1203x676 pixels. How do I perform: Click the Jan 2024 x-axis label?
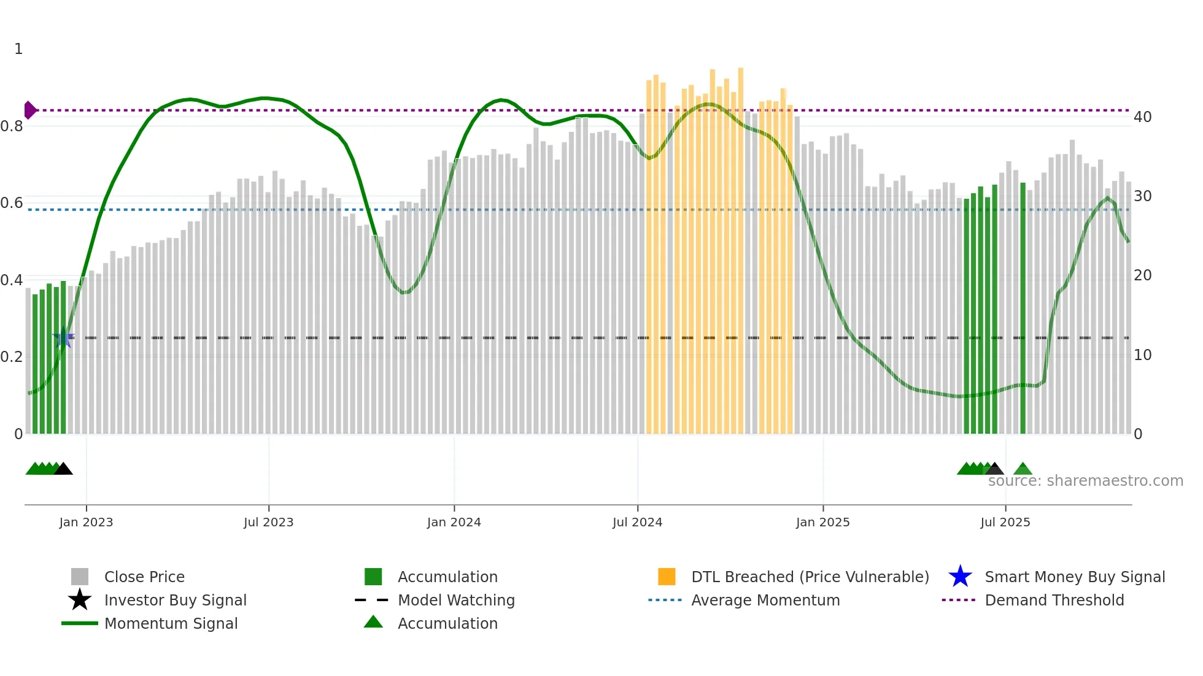[454, 522]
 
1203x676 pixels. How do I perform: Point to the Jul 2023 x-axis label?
[268, 522]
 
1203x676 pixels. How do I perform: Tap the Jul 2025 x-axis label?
[1005, 522]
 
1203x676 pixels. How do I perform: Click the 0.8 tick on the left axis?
[12, 126]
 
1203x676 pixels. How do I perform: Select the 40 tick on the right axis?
[1142, 117]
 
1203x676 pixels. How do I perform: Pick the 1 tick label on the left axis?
[18, 49]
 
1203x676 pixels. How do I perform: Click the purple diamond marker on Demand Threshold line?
[29, 110]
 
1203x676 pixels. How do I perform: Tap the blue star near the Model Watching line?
[63, 337]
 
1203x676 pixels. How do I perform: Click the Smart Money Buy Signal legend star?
[960, 577]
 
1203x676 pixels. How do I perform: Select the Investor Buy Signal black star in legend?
[80, 600]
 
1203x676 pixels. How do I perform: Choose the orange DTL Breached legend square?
[667, 577]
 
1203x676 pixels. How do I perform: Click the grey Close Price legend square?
[80, 577]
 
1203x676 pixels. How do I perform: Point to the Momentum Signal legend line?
[80, 623]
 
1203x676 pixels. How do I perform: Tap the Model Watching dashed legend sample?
[372, 600]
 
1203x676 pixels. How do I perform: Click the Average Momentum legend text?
[765, 600]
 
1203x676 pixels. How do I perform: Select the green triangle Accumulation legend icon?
[373, 623]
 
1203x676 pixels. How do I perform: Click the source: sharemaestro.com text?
[1085, 481]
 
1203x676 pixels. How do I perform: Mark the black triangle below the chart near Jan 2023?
[63, 469]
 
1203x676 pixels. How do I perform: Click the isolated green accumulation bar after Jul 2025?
[1023, 307]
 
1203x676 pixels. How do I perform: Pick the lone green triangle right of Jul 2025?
[1023, 469]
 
